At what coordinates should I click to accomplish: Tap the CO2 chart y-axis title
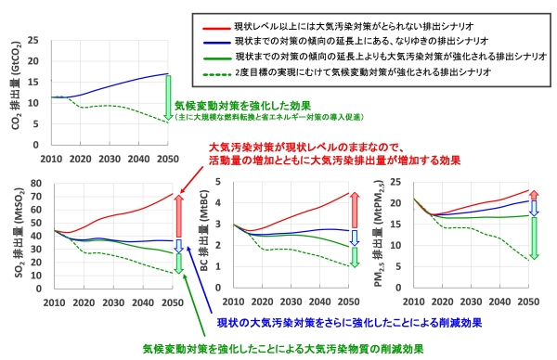click(17, 82)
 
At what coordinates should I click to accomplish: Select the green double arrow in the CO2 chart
click(168, 96)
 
